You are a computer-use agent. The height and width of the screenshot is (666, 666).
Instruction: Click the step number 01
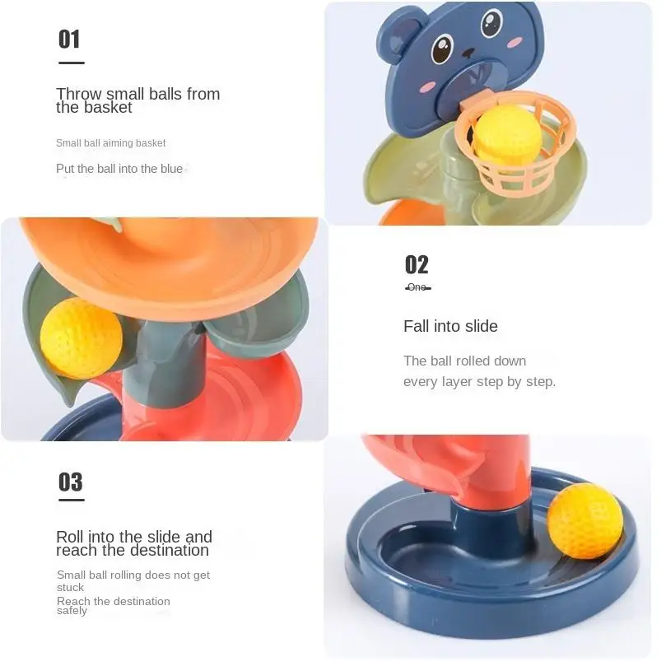click(69, 39)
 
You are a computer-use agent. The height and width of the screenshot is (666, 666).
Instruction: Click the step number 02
click(417, 264)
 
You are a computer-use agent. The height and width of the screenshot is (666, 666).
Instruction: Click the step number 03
click(70, 482)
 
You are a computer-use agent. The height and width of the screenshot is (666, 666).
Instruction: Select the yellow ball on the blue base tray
click(584, 521)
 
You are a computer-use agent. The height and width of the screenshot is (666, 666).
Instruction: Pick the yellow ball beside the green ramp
click(81, 338)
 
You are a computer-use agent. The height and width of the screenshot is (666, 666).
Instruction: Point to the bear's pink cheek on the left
click(426, 86)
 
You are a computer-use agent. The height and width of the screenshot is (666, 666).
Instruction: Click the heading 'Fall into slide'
click(450, 326)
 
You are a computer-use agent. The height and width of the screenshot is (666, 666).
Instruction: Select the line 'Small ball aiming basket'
click(111, 143)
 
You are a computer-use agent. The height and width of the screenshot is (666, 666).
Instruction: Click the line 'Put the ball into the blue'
click(119, 169)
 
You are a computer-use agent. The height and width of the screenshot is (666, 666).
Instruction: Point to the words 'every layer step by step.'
click(479, 382)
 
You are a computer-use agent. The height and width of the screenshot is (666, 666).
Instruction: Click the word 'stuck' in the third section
click(70, 588)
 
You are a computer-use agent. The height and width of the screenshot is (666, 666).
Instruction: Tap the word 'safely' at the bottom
click(72, 612)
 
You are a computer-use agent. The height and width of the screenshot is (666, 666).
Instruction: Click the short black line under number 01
click(71, 63)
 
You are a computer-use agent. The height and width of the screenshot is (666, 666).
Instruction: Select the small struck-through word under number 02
click(417, 287)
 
